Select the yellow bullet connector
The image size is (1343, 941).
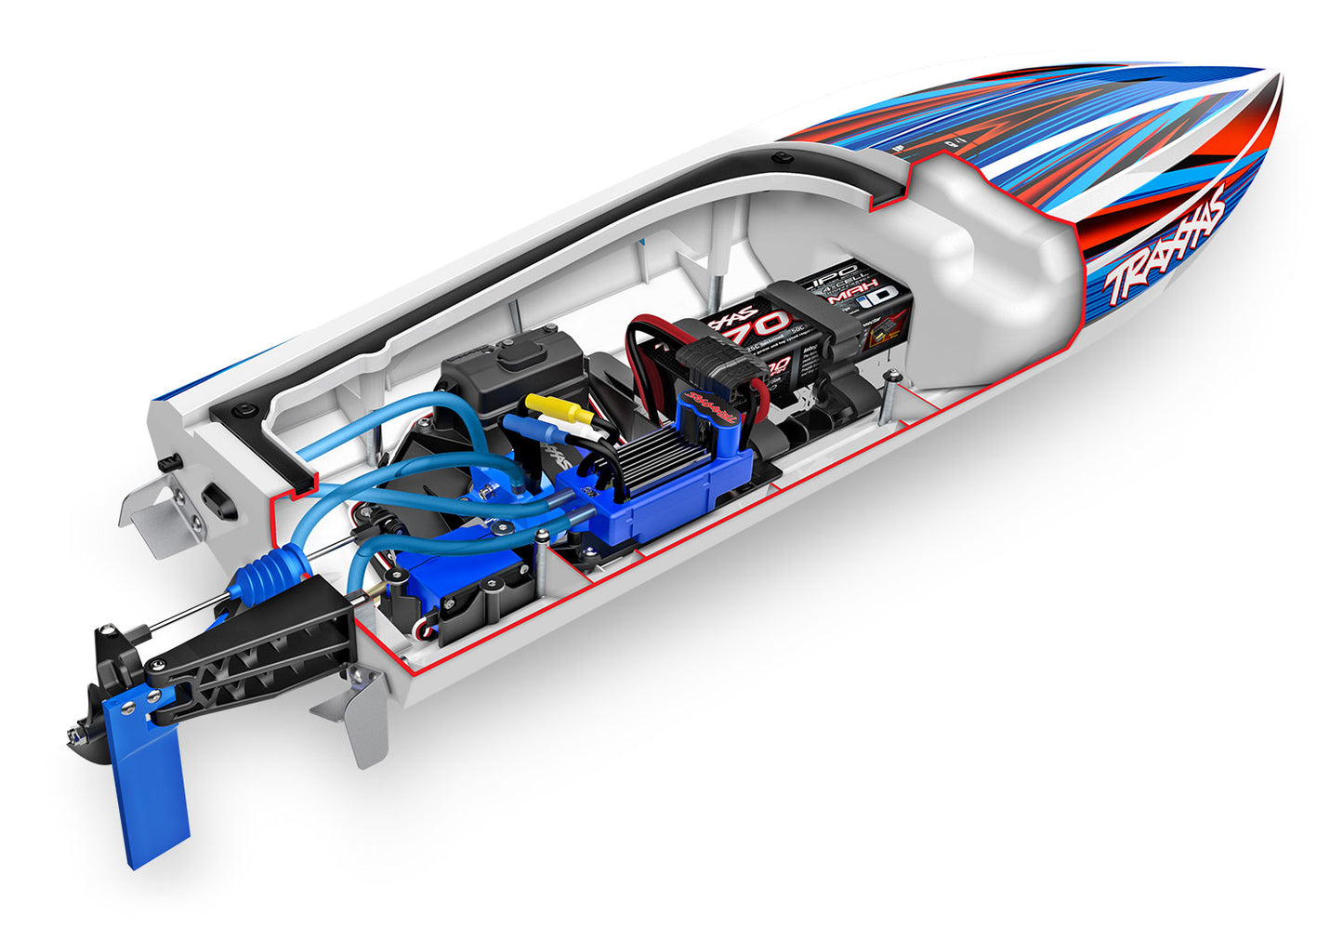tap(555, 408)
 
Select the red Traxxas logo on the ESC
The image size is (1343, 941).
tap(711, 409)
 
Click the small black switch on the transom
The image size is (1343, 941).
tap(168, 462)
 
